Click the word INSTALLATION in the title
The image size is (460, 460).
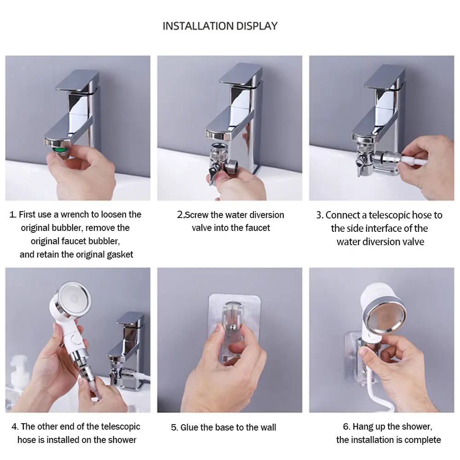(198, 26)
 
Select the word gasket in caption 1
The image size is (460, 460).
(120, 255)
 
